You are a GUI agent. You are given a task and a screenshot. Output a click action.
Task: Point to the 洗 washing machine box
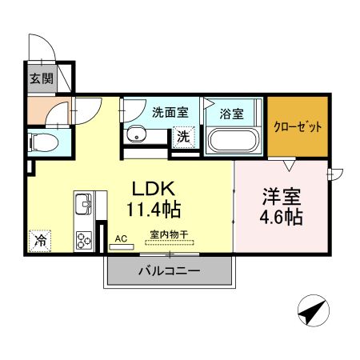pyautogui.click(x=183, y=137)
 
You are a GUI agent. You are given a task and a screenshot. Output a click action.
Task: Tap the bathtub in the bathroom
pyautogui.click(x=233, y=141)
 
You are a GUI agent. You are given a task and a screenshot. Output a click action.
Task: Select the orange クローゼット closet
pyautogui.click(x=298, y=127)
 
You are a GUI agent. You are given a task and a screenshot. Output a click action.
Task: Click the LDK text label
pyautogui.click(x=153, y=190)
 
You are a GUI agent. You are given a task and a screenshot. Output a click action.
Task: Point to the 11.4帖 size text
pyautogui.click(x=153, y=210)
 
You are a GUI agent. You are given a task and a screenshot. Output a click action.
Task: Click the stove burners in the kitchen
pyautogui.click(x=84, y=239)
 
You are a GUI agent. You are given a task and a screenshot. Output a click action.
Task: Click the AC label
pyautogui.click(x=122, y=238)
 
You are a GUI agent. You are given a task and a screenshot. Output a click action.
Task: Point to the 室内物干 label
pyautogui.click(x=168, y=235)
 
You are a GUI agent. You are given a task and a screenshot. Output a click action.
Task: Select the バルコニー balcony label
pyautogui.click(x=168, y=272)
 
